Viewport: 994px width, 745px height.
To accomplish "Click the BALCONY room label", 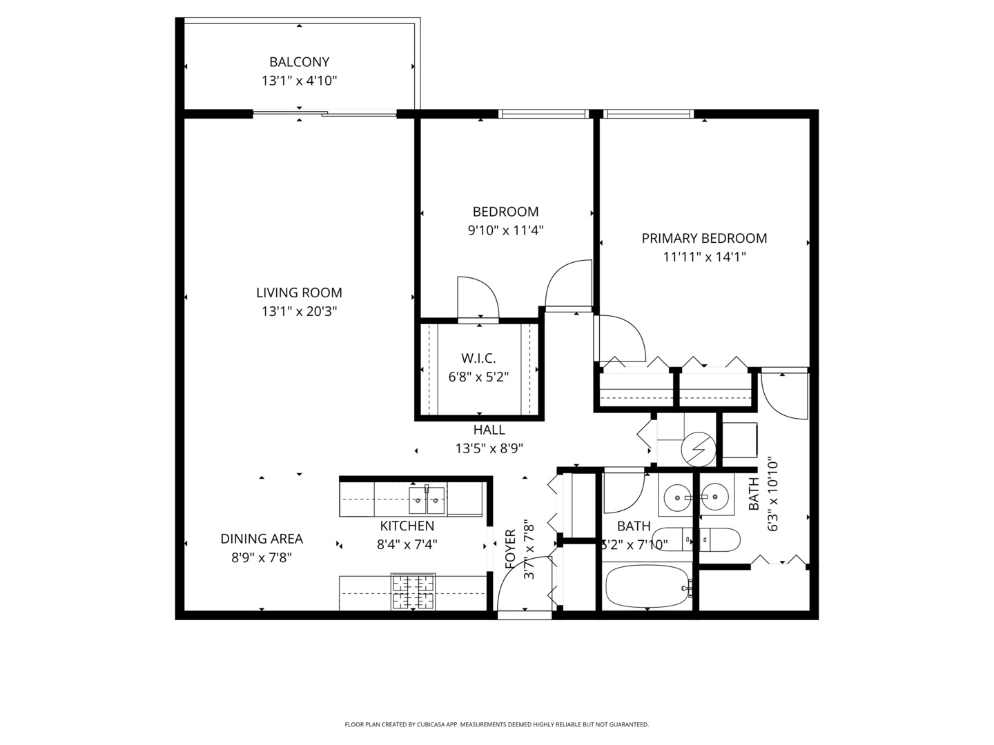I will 299,62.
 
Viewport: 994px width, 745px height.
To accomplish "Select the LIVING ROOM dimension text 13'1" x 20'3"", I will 299,312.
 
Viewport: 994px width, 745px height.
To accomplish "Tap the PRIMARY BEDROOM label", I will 704,239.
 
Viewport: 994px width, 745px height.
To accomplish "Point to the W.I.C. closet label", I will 478,358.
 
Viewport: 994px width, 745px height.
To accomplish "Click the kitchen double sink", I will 427,500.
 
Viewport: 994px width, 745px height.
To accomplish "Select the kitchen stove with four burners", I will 413,592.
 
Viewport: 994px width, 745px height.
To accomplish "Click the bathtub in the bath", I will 647,586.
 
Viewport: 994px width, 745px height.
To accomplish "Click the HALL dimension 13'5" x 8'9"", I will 489,448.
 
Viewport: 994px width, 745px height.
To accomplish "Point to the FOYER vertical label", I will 511,549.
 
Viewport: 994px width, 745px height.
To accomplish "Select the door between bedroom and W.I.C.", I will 478,298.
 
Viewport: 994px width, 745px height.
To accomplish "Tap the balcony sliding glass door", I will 324,113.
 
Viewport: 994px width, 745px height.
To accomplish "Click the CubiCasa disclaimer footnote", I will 496,725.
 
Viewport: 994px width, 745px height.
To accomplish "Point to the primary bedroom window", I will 649,114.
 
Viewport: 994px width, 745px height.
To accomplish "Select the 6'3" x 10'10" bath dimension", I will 772,495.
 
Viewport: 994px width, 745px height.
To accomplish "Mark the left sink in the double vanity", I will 677,497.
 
